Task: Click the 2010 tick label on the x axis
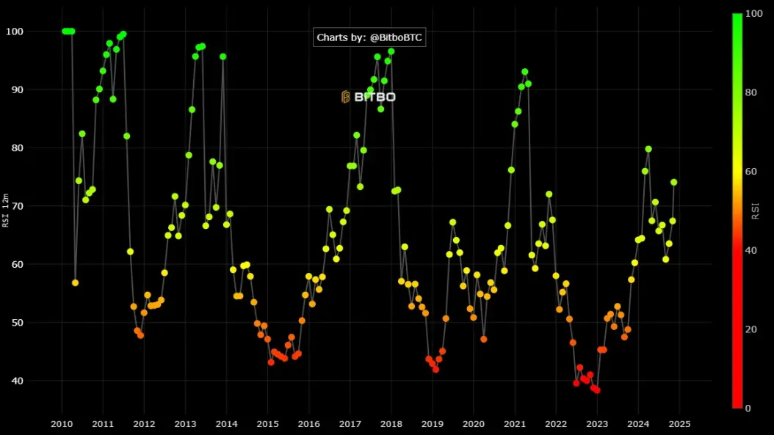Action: tap(62, 424)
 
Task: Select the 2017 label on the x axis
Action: tap(350, 424)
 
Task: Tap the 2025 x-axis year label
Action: tap(679, 424)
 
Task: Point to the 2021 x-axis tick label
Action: tap(515, 424)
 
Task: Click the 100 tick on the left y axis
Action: tap(14, 32)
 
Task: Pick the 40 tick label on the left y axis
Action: tap(18, 381)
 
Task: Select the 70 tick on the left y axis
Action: tap(18, 206)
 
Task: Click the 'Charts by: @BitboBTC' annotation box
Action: tap(369, 37)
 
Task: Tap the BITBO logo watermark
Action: tap(368, 97)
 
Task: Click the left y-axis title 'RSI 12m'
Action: tap(5, 210)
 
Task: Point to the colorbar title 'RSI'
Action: tap(755, 211)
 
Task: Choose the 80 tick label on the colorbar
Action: tap(751, 92)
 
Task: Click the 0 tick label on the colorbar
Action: tap(748, 408)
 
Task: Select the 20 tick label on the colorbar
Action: tap(751, 329)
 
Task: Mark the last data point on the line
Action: tap(674, 183)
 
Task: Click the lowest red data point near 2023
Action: tap(597, 390)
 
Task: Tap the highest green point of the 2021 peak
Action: tap(525, 72)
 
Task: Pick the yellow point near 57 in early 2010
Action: tap(75, 283)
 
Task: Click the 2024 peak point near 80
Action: tap(648, 149)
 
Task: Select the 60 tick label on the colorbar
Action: tap(751, 171)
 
